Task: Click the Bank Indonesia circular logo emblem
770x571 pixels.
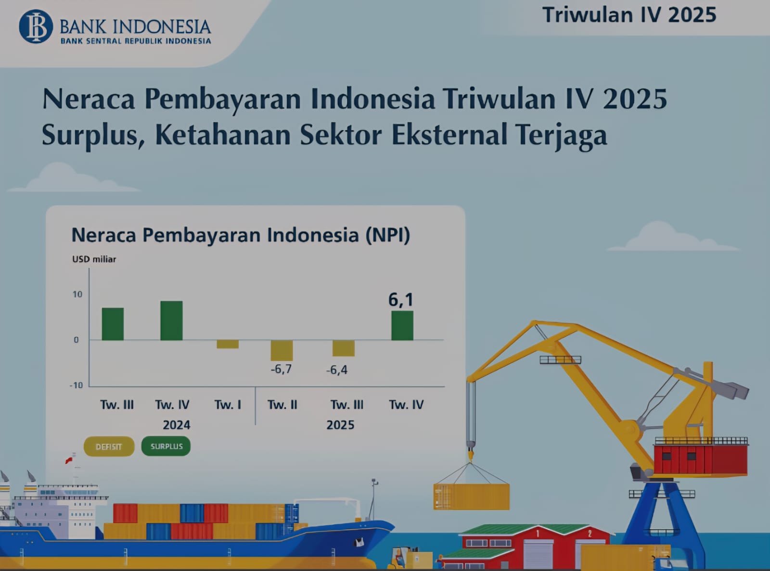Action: click(x=36, y=26)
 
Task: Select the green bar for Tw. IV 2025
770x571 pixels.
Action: click(x=402, y=325)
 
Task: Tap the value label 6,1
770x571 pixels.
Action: click(x=400, y=300)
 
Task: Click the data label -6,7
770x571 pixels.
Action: click(x=281, y=369)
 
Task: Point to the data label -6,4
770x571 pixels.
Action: click(x=337, y=370)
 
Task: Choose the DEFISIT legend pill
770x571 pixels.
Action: click(x=109, y=447)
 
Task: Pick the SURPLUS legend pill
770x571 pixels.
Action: click(x=167, y=446)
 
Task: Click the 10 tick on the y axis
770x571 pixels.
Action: click(x=77, y=294)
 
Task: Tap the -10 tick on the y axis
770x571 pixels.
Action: click(x=77, y=385)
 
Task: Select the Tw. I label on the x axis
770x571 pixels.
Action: click(x=228, y=405)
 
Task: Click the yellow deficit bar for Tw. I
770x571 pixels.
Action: click(x=228, y=344)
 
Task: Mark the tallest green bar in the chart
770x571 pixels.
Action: click(x=171, y=321)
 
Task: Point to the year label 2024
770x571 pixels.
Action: click(x=177, y=425)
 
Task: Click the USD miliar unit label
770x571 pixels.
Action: click(x=94, y=260)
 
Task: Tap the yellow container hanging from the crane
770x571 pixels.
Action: click(x=472, y=497)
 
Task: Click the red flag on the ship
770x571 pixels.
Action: click(x=69, y=460)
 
